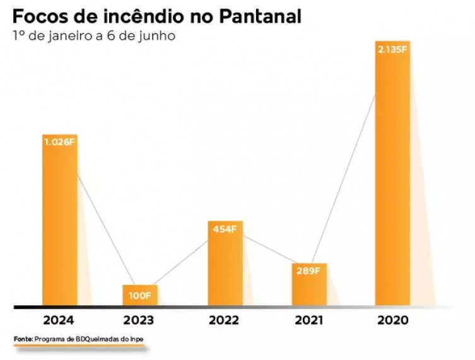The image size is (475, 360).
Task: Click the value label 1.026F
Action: pos(59,142)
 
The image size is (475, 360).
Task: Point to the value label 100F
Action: pos(139,294)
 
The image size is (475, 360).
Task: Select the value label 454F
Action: pos(225,229)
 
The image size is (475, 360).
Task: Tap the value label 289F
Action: pos(308,271)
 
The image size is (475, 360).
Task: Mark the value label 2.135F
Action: pos(392,49)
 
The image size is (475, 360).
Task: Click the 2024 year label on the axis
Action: pos(59,320)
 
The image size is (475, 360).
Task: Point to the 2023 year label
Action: pos(139,320)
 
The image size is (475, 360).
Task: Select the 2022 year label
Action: pos(225,320)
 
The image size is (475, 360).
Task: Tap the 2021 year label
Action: pos(309,320)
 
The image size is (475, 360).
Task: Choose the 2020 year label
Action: pos(393,320)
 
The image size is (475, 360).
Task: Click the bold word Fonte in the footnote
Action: pos(23,340)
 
